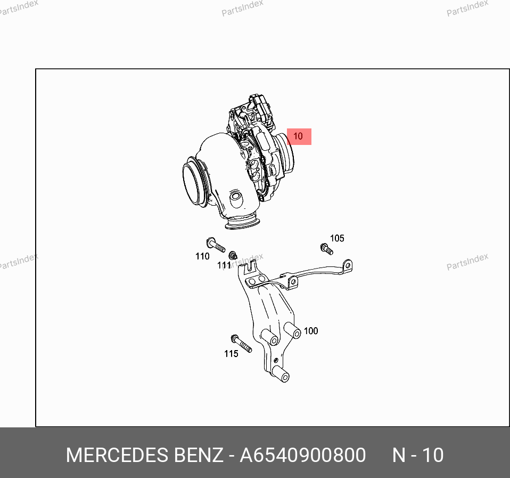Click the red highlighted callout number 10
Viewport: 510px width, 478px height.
point(299,136)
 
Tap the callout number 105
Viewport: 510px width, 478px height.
point(337,238)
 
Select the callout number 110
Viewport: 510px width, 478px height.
point(202,256)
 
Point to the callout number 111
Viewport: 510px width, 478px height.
point(224,265)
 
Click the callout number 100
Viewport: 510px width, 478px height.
point(310,331)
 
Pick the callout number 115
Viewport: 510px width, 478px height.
point(231,354)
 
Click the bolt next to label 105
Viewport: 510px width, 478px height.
point(326,249)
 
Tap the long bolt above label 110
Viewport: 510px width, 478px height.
point(216,245)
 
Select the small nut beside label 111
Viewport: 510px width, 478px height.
point(233,255)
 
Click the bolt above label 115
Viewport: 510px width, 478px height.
point(241,344)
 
